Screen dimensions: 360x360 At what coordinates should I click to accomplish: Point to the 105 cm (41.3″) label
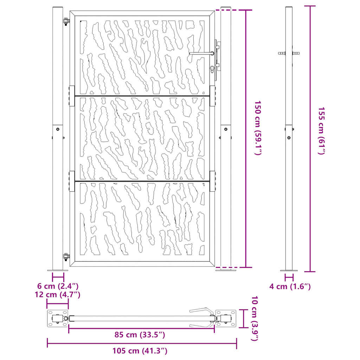click(x=140, y=351)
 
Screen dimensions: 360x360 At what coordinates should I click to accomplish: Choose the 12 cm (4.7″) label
click(x=58, y=294)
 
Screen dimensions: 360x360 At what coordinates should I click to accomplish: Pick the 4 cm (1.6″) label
click(x=290, y=287)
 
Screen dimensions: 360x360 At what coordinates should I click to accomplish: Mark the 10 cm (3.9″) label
click(x=255, y=319)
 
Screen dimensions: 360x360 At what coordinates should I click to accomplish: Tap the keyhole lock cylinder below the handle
click(x=212, y=69)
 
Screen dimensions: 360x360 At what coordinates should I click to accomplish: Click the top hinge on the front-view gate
click(x=66, y=21)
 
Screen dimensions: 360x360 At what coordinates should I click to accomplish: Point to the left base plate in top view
click(x=57, y=319)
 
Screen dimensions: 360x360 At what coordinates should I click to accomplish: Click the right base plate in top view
click(x=226, y=319)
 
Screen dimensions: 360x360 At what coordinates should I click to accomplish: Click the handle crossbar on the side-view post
click(x=289, y=53)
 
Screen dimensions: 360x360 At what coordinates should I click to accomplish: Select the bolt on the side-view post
click(x=289, y=138)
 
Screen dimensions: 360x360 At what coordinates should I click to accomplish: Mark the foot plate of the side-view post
click(x=289, y=270)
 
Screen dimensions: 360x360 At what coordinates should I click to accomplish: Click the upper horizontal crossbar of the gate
click(x=142, y=96)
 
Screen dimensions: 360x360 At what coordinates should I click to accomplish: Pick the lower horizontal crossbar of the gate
click(x=142, y=181)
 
